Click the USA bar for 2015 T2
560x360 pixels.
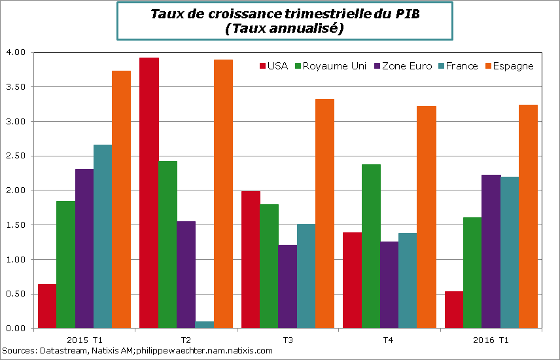[149, 192]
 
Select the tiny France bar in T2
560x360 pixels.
[205, 325]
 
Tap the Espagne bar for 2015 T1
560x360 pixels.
[121, 199]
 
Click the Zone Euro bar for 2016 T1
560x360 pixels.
[491, 251]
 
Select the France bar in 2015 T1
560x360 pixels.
[103, 236]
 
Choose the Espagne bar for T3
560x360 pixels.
[324, 213]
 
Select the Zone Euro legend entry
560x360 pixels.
[404, 66]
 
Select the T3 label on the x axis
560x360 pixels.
[287, 340]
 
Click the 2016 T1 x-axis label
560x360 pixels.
[491, 340]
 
